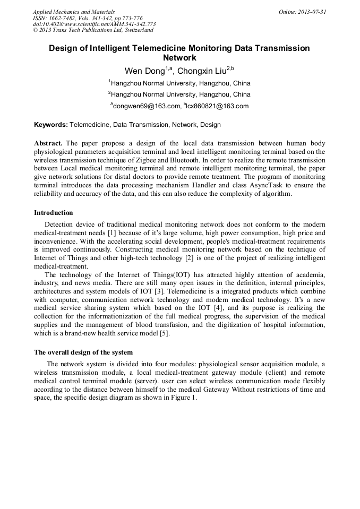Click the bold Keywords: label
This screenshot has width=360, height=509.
click(x=51, y=125)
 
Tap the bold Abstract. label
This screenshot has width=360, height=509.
click(x=48, y=143)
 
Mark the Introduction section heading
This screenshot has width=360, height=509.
click(x=54, y=213)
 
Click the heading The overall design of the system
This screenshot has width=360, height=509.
click(x=83, y=352)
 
